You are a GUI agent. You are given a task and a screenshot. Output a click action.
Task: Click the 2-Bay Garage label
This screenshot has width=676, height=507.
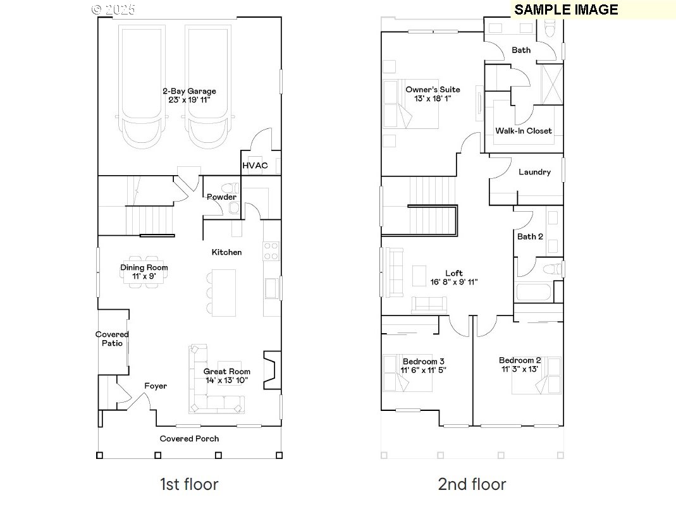click(188, 91)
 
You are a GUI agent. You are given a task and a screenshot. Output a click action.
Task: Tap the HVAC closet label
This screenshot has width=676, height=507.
click(255, 166)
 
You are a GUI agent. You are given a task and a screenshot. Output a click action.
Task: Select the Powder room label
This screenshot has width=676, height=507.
click(221, 197)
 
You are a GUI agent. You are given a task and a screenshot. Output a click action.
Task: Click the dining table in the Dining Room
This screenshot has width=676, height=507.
click(144, 271)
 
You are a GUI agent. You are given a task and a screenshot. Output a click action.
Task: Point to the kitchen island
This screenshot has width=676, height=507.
click(223, 293)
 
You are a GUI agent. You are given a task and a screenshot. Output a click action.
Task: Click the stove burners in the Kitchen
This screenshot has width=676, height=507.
click(271, 251)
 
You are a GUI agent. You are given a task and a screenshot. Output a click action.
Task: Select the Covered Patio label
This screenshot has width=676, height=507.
click(112, 339)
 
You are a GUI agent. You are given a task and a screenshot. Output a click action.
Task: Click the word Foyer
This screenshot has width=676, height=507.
click(156, 386)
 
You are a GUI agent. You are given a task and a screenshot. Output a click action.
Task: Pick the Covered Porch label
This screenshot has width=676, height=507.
click(189, 439)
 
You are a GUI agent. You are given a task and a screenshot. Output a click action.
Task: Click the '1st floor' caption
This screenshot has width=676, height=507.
click(189, 485)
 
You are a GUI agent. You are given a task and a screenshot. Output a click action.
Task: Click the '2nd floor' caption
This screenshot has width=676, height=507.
click(472, 485)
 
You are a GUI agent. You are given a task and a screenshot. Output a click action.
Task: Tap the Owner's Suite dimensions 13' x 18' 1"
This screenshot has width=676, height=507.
click(433, 99)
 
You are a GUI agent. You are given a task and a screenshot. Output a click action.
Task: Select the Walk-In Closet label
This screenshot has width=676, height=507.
click(523, 131)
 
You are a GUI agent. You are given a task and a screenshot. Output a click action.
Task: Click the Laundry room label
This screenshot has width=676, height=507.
click(534, 172)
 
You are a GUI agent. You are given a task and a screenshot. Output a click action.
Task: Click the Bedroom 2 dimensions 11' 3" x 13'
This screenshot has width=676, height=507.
click(520, 369)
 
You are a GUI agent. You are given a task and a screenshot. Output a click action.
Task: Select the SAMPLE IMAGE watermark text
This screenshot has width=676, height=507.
click(566, 9)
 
